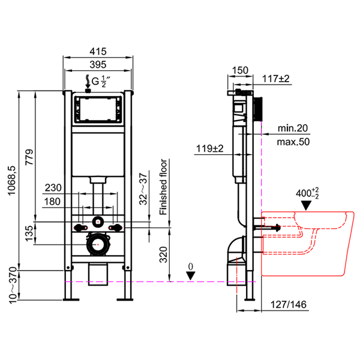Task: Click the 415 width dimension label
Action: point(98,52)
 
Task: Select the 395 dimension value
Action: point(98,65)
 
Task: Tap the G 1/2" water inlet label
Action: point(101,82)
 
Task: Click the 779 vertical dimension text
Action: point(29,157)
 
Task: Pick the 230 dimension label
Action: point(53,188)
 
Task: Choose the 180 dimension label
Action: point(52,202)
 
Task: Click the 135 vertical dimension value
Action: point(29,233)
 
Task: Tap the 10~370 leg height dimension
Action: point(13,286)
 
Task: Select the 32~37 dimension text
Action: point(143,189)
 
